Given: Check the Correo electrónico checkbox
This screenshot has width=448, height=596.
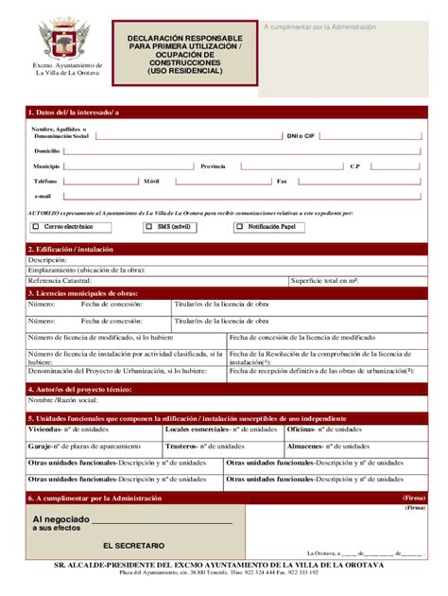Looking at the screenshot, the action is tap(36, 227).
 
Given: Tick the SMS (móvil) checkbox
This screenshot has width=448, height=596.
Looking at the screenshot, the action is tap(149, 227).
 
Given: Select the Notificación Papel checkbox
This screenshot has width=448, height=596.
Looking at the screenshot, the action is tap(239, 227).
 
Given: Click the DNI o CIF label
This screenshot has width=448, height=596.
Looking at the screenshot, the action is tap(300, 135).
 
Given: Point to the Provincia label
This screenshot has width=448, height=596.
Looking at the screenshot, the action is tap(213, 166).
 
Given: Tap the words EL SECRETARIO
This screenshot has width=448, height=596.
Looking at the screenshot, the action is tap(133, 546).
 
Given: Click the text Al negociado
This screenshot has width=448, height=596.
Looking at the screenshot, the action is tap(61, 519).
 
